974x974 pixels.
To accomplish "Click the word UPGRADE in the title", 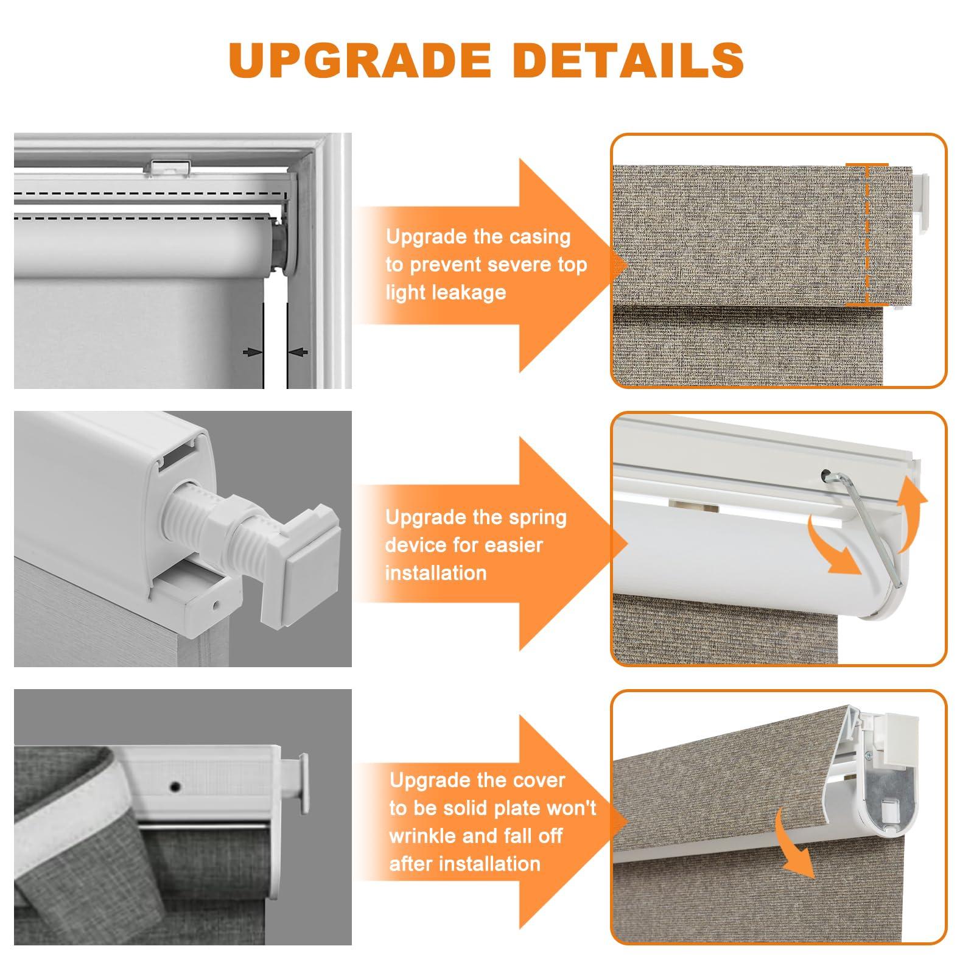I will click(360, 60).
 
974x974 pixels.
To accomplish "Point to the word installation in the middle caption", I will click(435, 573).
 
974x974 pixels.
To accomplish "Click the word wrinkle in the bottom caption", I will click(422, 836).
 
